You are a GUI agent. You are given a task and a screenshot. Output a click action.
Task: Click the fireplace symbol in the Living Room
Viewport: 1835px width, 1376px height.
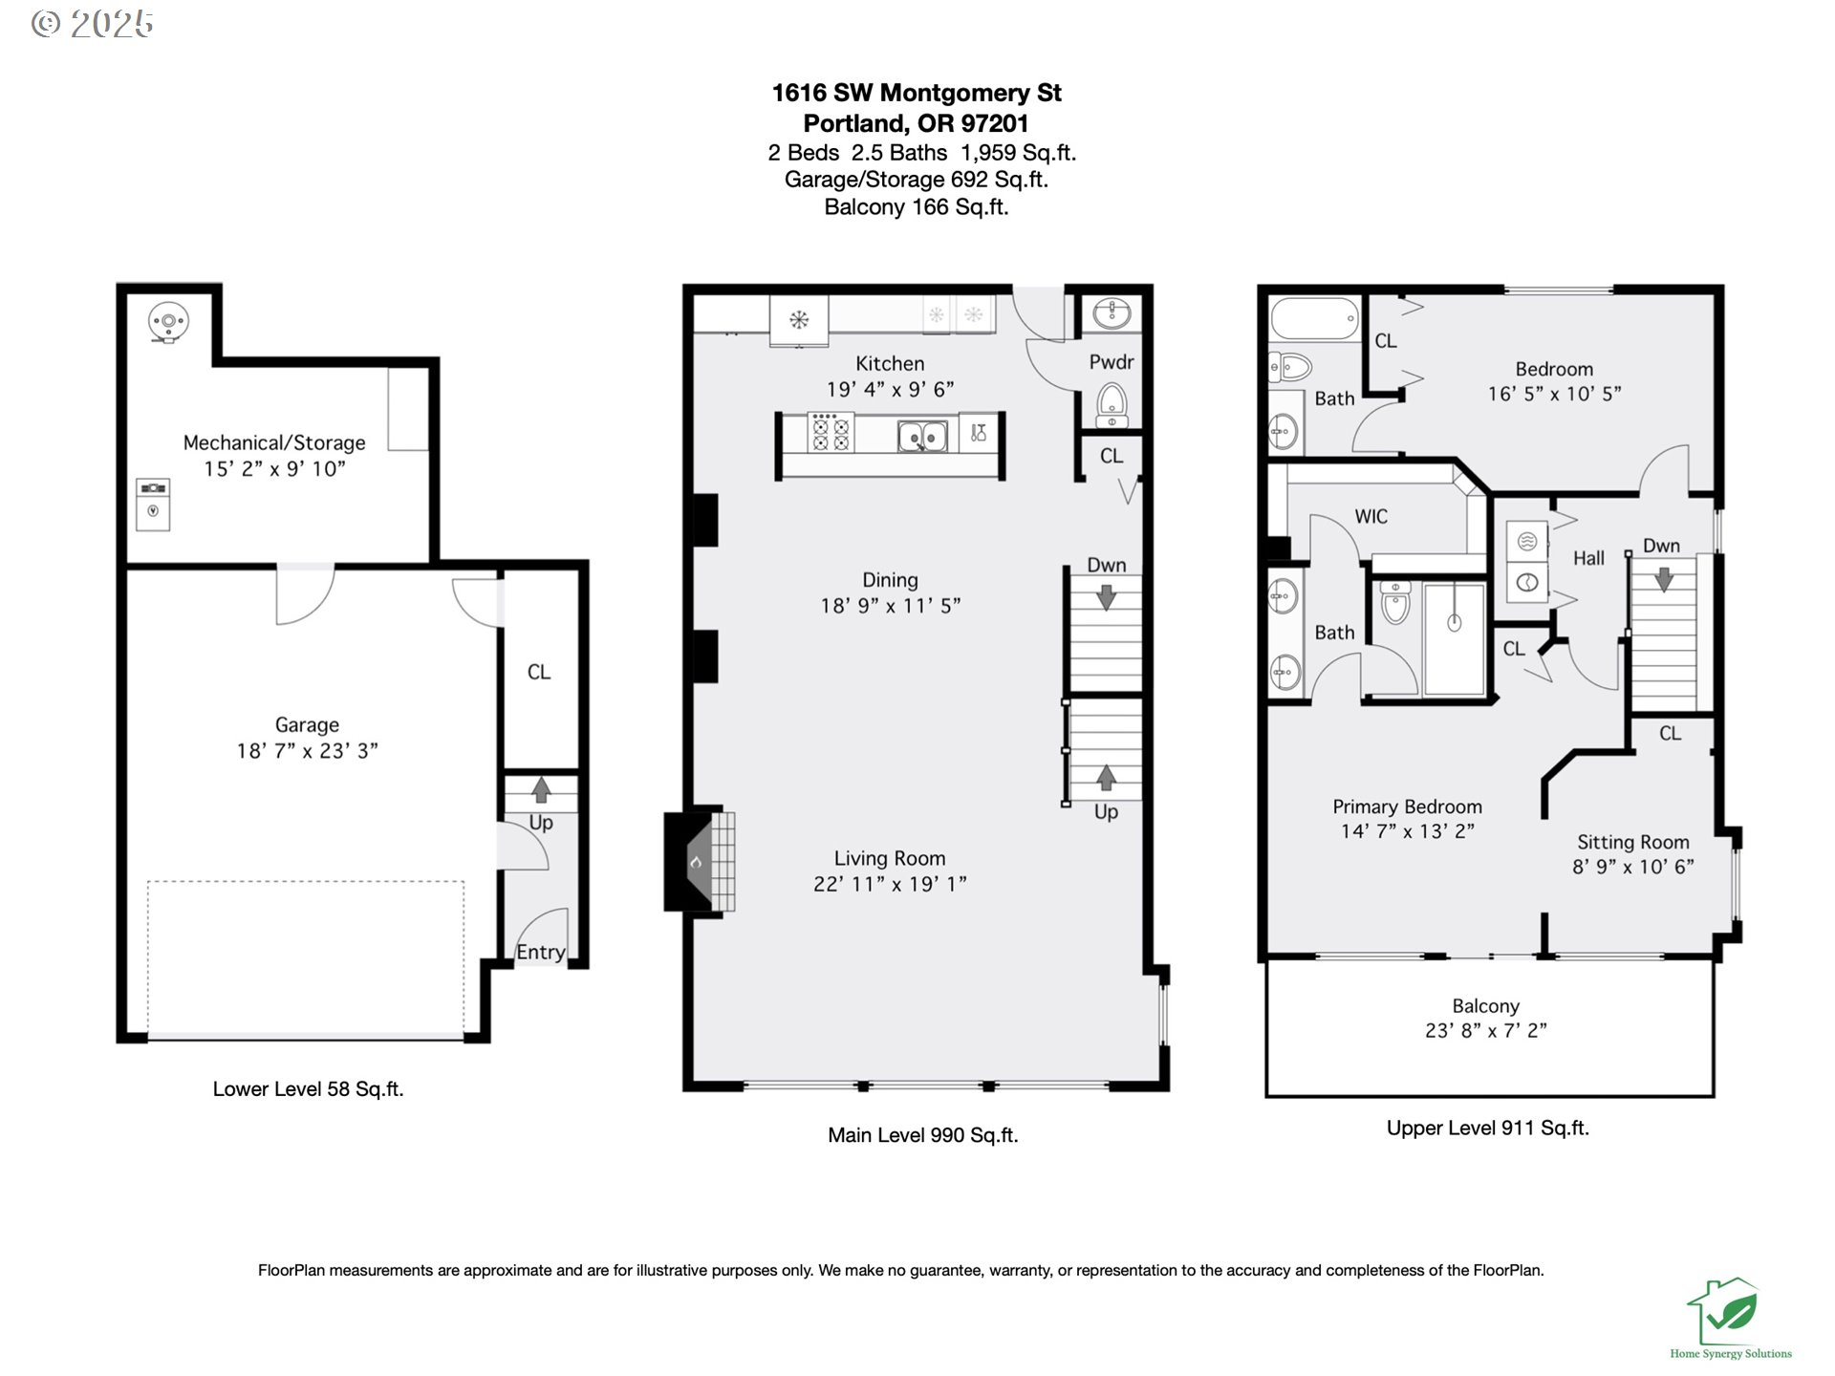(698, 862)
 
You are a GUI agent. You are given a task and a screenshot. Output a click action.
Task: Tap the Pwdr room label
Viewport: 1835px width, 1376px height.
(1111, 362)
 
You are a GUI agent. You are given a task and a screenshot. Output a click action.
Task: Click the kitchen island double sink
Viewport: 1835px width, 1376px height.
(922, 437)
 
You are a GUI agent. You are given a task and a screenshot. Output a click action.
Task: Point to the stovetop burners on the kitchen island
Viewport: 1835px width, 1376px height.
(831, 432)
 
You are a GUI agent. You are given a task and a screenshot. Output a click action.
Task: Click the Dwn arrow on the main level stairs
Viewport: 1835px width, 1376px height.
(1106, 597)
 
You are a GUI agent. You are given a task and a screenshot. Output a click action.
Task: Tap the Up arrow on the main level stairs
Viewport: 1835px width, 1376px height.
(1106, 778)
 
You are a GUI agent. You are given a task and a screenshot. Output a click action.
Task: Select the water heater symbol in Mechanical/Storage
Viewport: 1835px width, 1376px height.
(168, 321)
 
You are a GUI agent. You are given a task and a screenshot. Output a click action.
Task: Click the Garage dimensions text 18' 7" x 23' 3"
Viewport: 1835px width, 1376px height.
(307, 751)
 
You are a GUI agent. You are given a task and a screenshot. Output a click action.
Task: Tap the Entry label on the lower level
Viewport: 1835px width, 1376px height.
(541, 952)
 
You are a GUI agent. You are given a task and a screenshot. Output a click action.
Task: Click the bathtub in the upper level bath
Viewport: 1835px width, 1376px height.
(1314, 318)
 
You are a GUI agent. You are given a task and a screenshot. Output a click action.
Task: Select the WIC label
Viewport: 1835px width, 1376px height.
(1371, 516)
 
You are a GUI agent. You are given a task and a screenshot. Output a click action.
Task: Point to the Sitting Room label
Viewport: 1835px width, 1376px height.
(1632, 842)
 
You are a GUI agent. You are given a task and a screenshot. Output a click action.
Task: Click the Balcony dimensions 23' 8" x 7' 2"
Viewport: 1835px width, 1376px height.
(1485, 1030)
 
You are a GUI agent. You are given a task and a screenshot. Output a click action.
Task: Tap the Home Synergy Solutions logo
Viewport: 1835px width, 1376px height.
(1729, 1319)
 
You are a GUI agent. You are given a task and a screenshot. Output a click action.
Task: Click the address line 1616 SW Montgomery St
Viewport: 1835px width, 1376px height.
(916, 93)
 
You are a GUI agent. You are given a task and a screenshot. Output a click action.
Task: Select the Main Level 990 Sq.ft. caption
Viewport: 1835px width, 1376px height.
(922, 1135)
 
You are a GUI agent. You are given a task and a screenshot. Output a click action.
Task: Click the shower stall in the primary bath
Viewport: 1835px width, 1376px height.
(1454, 637)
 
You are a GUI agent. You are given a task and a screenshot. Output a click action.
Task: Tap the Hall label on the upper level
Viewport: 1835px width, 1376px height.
(1588, 558)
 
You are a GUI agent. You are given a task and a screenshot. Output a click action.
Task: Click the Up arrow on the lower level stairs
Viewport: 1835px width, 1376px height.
(541, 789)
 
